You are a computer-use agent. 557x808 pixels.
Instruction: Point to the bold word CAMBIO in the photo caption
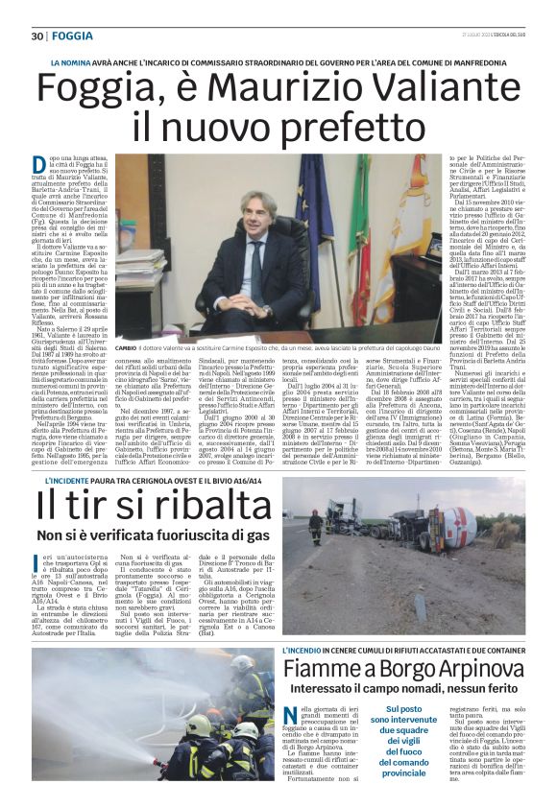click(126, 348)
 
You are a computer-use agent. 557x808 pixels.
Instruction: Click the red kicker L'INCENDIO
click(307, 651)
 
